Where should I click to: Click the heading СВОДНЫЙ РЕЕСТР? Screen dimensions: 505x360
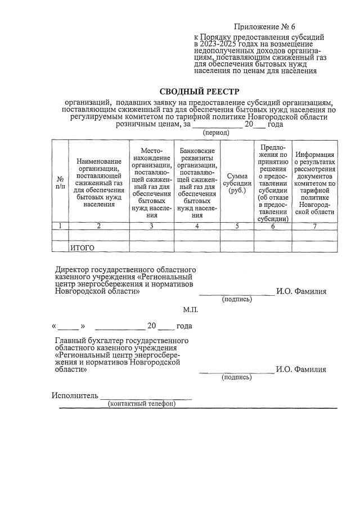(200, 92)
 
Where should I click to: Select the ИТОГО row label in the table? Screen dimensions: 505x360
(82, 247)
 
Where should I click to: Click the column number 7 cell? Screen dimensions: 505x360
(315, 226)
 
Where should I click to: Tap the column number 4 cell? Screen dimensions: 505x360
(197, 226)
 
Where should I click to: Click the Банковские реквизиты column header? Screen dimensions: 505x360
(197, 183)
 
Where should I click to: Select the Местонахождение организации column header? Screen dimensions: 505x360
(152, 183)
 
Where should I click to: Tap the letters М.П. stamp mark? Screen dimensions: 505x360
(191, 309)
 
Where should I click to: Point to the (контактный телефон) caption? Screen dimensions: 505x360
(142, 404)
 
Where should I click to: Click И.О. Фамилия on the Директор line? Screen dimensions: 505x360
(301, 291)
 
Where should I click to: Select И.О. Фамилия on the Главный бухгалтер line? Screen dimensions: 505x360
(301, 369)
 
